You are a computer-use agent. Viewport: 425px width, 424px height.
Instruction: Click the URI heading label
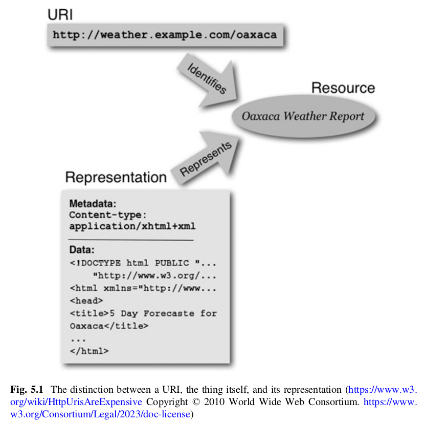(60, 15)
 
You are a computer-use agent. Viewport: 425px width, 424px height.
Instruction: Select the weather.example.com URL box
(165, 35)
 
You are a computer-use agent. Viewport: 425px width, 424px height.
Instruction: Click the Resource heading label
(343, 88)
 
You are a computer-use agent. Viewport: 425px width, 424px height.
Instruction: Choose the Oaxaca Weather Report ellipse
(303, 116)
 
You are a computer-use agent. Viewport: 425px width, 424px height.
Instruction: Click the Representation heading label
(116, 178)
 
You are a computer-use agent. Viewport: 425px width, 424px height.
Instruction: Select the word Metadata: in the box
(93, 203)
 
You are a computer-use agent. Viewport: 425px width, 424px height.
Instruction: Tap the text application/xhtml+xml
(132, 226)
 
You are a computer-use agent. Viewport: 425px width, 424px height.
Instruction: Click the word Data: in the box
(82, 251)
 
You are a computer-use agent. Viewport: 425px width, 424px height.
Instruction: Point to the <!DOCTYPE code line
(143, 263)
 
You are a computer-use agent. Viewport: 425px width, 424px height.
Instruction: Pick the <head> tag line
(86, 301)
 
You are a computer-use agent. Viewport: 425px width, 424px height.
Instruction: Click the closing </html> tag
(88, 351)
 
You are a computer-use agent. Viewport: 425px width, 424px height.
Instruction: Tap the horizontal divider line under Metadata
(131, 240)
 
